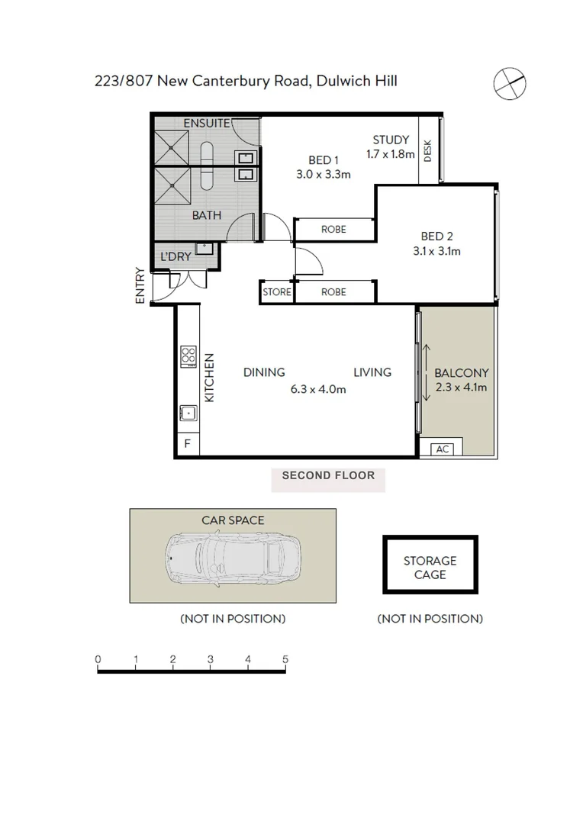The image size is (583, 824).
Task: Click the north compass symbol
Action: (x=509, y=83)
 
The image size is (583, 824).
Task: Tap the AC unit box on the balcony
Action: (x=442, y=449)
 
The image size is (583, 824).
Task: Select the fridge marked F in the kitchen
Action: (x=187, y=443)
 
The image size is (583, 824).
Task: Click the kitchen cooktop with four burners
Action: (x=188, y=356)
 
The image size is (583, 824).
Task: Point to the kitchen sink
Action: (x=188, y=413)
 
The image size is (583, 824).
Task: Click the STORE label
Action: (x=276, y=292)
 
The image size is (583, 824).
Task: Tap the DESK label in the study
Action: (x=427, y=151)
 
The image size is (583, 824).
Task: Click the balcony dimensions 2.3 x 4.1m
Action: (x=461, y=387)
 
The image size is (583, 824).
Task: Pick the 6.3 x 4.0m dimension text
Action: (x=318, y=388)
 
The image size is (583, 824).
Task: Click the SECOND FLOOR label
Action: (x=328, y=475)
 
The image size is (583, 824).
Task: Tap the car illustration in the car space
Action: (x=233, y=555)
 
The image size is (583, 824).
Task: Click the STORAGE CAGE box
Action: (x=430, y=567)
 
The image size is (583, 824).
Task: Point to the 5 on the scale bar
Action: (x=285, y=659)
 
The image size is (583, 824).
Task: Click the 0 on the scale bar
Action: (x=98, y=659)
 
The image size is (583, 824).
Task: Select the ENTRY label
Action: (x=140, y=286)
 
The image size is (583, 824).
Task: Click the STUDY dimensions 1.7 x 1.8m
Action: (x=391, y=154)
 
